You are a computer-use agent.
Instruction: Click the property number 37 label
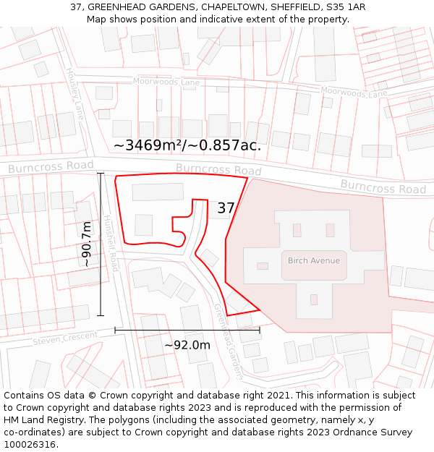[226, 208]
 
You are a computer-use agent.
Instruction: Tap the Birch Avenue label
[313, 260]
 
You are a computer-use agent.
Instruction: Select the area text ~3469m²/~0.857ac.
[187, 145]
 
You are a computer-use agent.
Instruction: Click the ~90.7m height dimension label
[87, 244]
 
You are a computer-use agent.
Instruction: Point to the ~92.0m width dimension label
[187, 345]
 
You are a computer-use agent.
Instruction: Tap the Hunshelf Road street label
[111, 243]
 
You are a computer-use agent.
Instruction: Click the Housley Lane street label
[75, 94]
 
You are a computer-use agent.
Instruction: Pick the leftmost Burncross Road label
[51, 167]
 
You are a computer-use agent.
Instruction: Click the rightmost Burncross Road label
[383, 187]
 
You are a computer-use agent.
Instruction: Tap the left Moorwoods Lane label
[166, 82]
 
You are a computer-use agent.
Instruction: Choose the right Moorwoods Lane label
[354, 93]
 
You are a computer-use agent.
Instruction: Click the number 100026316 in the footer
[31, 444]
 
